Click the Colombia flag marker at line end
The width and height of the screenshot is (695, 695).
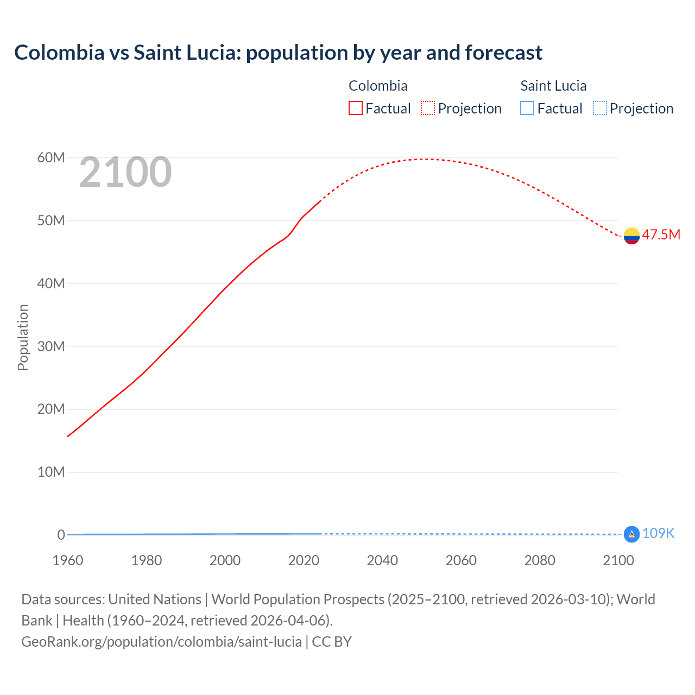[631, 236]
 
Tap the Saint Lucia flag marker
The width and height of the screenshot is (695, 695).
[631, 534]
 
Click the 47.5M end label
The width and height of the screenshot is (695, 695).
[661, 235]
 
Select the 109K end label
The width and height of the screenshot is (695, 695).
[658, 533]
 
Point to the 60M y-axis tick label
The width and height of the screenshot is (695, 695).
[51, 157]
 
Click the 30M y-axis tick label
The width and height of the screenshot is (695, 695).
[51, 346]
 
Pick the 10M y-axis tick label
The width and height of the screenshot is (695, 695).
[51, 472]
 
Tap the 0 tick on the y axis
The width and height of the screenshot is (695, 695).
[61, 535]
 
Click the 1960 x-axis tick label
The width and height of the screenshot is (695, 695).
[68, 560]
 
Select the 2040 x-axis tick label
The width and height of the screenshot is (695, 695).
[382, 560]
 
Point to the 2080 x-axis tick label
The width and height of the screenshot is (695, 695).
[540, 560]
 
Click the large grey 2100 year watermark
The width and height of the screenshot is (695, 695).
[125, 172]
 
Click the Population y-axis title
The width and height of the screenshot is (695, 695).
[23, 337]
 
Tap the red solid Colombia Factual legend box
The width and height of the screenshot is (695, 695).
[356, 108]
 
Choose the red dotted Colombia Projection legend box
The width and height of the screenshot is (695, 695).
[428, 108]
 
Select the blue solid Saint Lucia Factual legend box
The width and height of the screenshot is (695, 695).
[527, 108]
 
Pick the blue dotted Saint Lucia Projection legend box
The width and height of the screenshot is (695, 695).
[599, 108]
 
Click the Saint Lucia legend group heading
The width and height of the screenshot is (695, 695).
[553, 86]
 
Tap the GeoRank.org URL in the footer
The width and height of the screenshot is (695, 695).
[161, 641]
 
